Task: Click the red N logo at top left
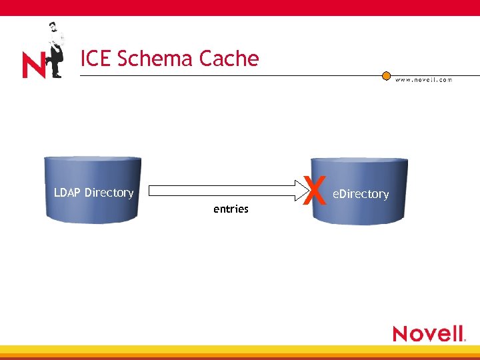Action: click(x=33, y=65)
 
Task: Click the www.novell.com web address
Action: click(x=423, y=80)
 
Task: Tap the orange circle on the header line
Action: click(x=386, y=76)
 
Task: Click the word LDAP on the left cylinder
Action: click(x=67, y=193)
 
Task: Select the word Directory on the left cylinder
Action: click(x=109, y=193)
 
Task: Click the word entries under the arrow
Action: click(x=231, y=209)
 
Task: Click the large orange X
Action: click(x=314, y=191)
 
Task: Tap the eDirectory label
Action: click(x=361, y=194)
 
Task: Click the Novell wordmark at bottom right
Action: click(x=428, y=333)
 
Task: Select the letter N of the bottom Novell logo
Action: click(x=401, y=333)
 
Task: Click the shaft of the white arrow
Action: click(x=220, y=190)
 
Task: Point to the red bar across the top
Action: click(x=240, y=7)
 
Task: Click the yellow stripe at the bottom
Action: click(x=240, y=349)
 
